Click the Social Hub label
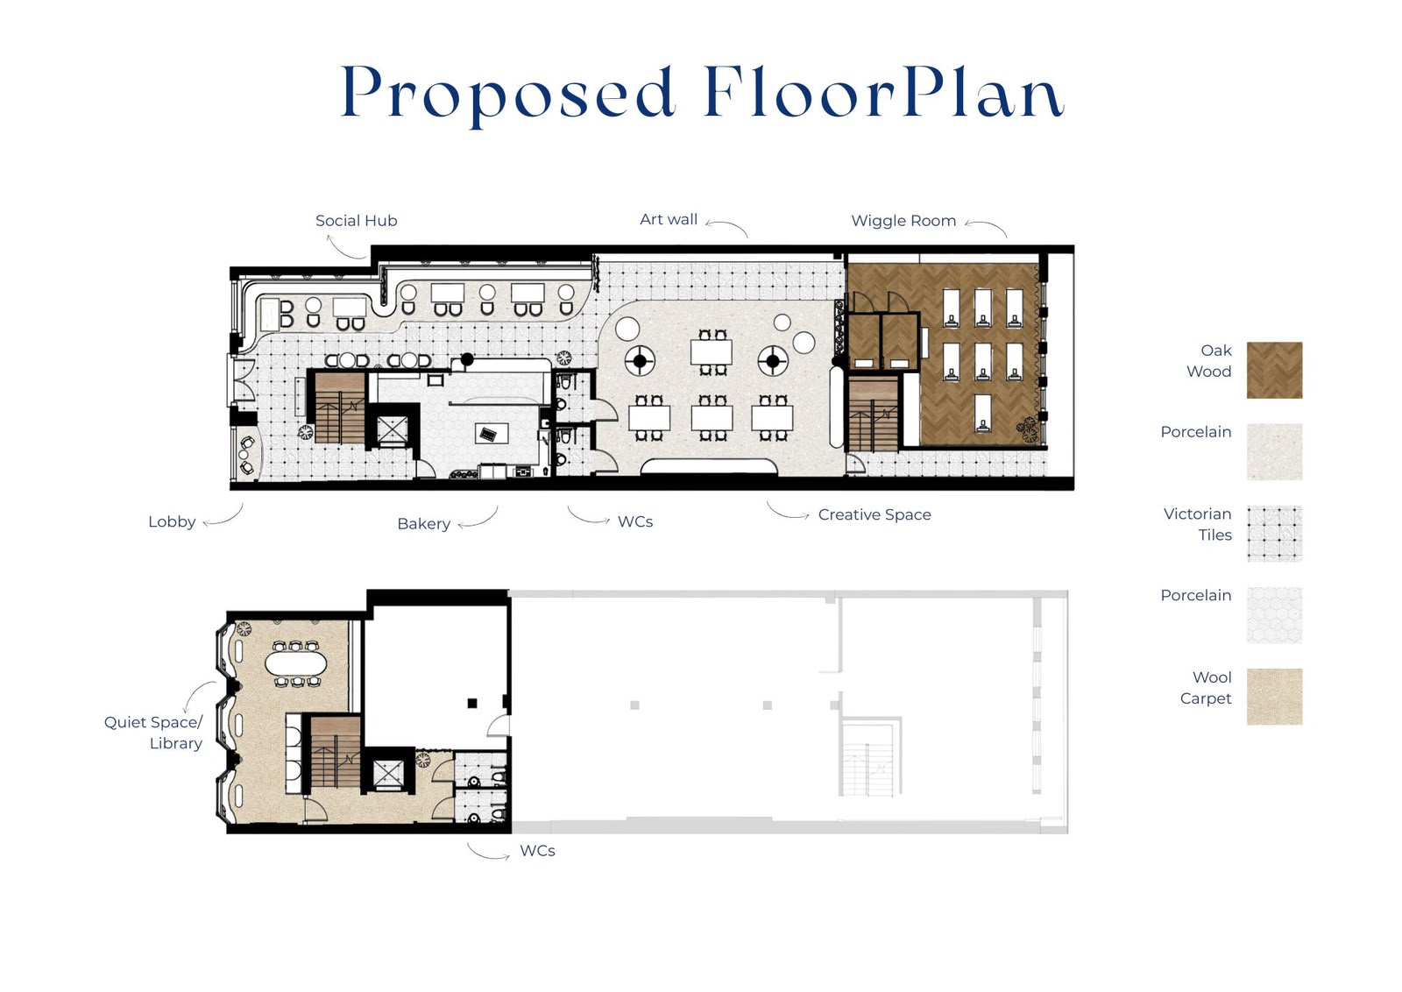356,221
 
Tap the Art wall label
669,220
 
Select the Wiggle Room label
903,221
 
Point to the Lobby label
172,522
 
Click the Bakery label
424,524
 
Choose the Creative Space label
874,515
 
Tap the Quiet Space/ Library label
154,733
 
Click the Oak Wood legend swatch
1274,370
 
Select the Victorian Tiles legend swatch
1274,533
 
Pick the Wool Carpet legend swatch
1274,697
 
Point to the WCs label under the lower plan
538,851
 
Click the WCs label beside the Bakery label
635,522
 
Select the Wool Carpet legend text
1206,688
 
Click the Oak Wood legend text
1209,361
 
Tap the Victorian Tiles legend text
1198,524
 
